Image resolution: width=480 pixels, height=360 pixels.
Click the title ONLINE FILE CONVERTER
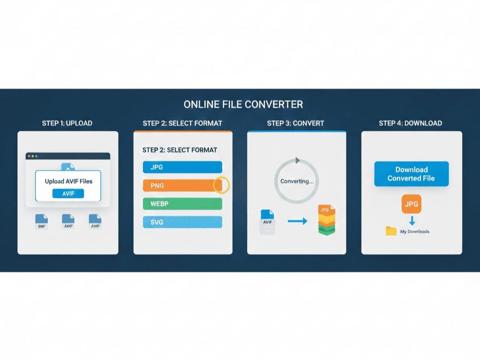click(243, 104)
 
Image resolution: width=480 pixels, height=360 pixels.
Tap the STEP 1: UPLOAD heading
click(67, 123)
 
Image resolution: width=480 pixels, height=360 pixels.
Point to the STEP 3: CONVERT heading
click(295, 123)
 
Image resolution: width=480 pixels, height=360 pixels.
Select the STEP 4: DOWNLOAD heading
click(410, 123)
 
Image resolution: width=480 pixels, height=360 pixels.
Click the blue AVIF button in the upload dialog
click(68, 194)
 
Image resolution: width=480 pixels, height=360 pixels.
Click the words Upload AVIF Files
click(68, 181)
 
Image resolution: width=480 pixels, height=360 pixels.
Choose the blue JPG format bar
click(182, 167)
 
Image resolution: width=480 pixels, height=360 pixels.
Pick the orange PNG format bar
click(178, 186)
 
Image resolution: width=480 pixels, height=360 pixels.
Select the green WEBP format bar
click(182, 203)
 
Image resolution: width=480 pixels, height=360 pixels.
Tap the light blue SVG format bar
click(182, 222)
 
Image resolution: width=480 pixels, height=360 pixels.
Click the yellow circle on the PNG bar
click(221, 185)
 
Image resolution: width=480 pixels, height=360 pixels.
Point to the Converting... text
click(297, 181)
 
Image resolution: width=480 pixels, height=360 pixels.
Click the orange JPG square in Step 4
click(412, 204)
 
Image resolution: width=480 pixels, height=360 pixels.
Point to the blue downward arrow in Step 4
click(412, 220)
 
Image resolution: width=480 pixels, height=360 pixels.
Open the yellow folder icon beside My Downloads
click(391, 231)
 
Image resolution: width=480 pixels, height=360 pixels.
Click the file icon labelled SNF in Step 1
click(42, 221)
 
